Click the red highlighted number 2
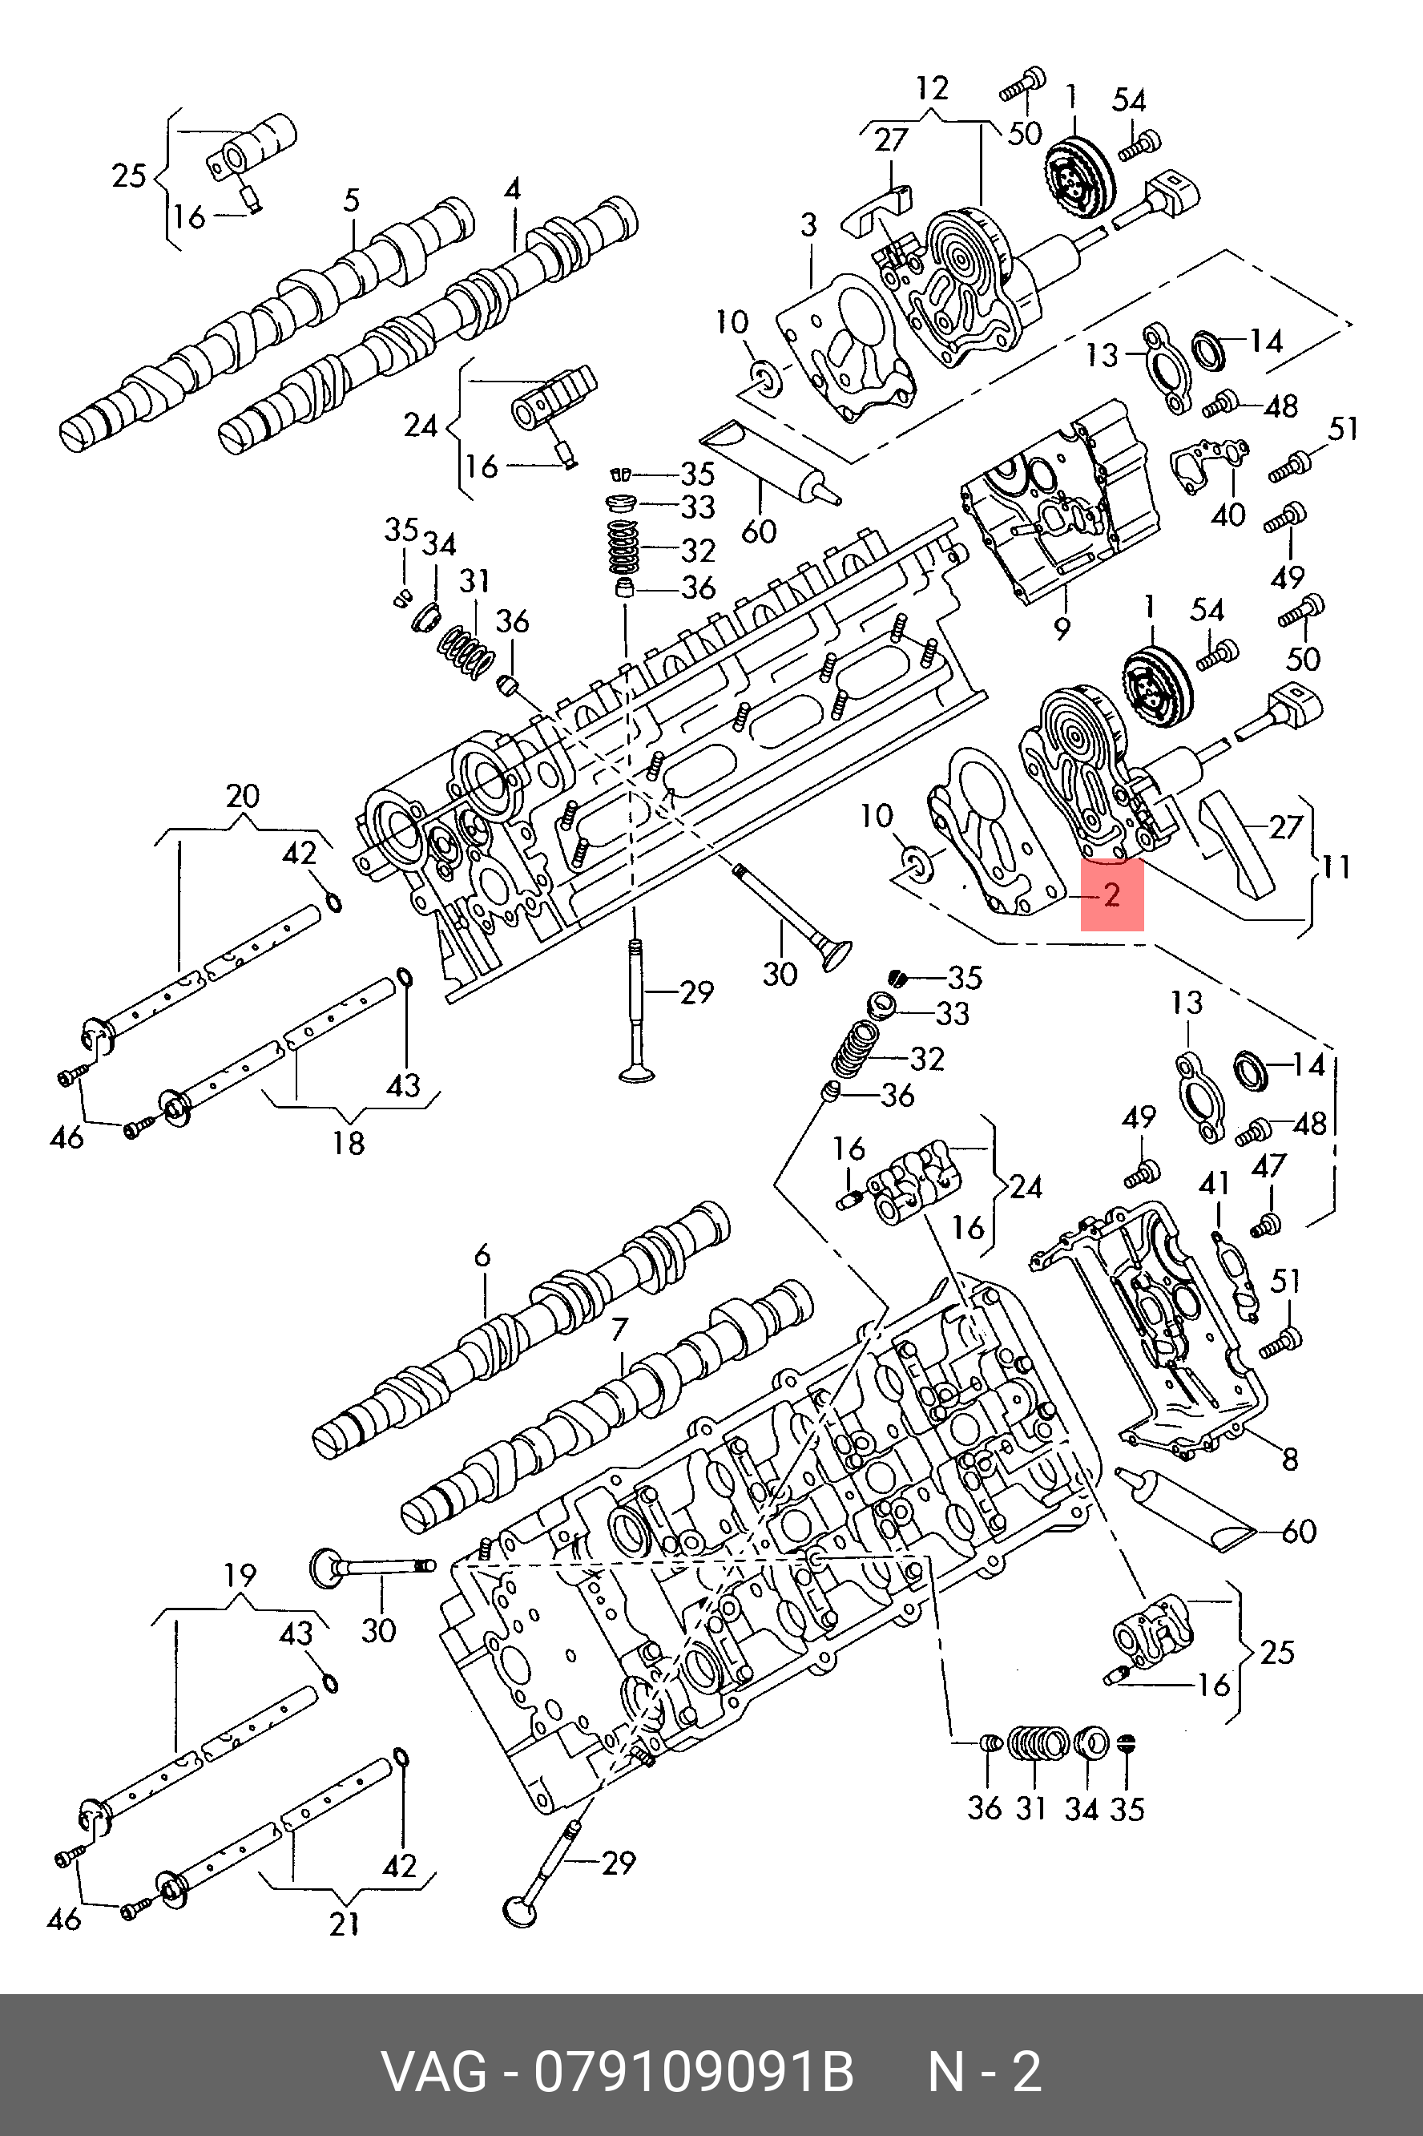click(1112, 895)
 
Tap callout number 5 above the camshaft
click(351, 200)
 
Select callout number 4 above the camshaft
click(513, 189)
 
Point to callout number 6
click(482, 1257)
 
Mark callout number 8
click(1290, 1459)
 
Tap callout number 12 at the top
click(932, 88)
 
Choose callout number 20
click(242, 796)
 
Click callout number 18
click(349, 1142)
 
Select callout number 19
click(240, 1575)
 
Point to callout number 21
click(344, 1924)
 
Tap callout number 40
click(1227, 515)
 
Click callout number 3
click(808, 224)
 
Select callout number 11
click(1335, 867)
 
